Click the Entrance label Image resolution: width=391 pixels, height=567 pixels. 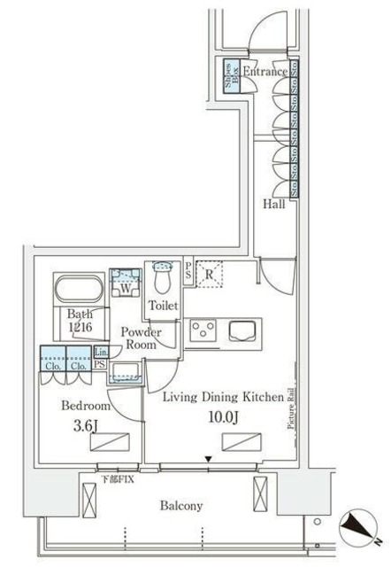(x=264, y=72)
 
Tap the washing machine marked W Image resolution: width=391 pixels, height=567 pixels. (x=126, y=286)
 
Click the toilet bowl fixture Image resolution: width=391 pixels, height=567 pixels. (x=162, y=278)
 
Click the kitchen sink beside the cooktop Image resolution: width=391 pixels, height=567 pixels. (x=242, y=332)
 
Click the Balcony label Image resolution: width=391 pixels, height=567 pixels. (x=181, y=506)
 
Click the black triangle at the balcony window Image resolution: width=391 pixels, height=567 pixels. (x=208, y=459)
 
